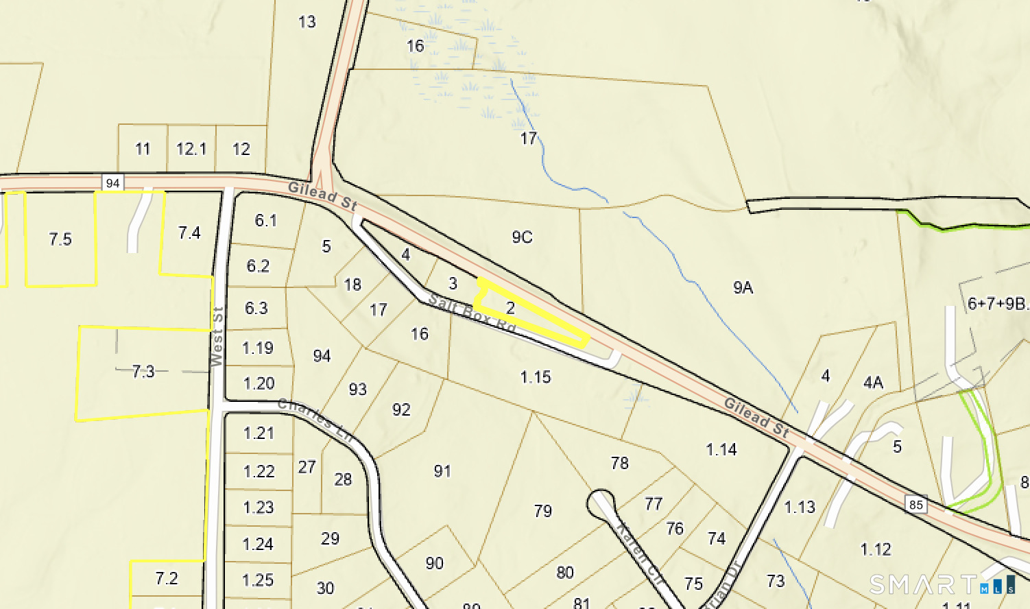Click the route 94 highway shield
coord(112,182)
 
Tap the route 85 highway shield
coord(915,505)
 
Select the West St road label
coord(217,337)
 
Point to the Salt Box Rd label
coord(472,314)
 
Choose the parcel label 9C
coord(522,237)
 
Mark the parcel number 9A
coord(743,287)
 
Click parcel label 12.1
coord(191,149)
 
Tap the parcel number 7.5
coord(60,239)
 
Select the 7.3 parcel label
coord(143,372)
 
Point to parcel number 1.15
coord(536,377)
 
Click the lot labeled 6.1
coord(265,220)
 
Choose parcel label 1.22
coord(259,472)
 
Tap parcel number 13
coord(307,22)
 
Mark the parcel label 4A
coord(872,383)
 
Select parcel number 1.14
coord(721,450)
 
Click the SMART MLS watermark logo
coord(942,584)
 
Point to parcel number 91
coord(442,471)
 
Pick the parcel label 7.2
coord(167,579)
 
